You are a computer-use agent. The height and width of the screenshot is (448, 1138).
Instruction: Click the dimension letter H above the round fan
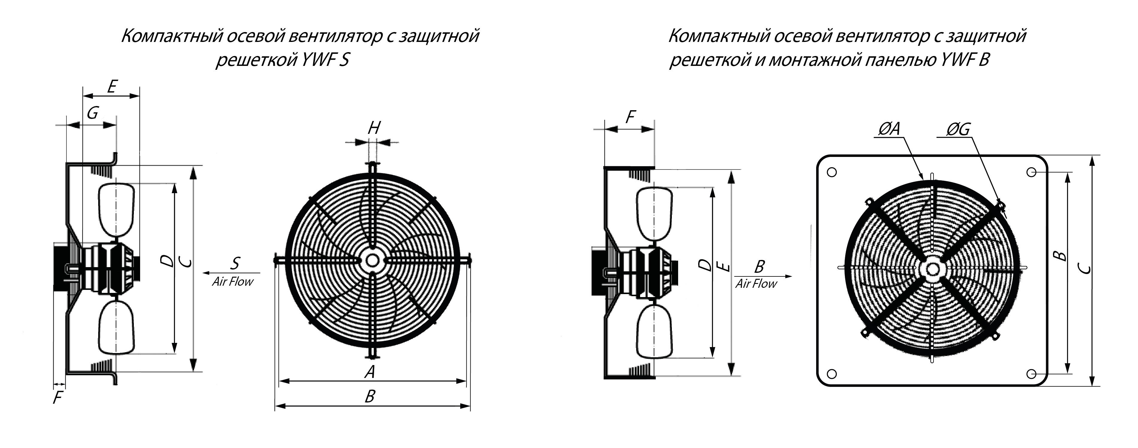374,128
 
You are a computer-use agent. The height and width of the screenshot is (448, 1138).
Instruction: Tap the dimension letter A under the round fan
370,372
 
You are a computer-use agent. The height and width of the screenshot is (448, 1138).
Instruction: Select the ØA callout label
888,129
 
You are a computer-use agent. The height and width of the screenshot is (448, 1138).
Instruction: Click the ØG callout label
958,129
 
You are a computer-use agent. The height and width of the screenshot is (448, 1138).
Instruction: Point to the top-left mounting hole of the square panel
832,172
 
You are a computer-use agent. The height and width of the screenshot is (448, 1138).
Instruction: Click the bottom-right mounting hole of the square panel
1031,374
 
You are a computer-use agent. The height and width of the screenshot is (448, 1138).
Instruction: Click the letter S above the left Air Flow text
235,263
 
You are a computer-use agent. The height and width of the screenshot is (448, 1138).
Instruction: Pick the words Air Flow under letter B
756,284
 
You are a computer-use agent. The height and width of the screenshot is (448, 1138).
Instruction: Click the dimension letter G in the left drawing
92,113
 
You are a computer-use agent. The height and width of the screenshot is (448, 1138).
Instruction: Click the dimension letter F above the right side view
631,117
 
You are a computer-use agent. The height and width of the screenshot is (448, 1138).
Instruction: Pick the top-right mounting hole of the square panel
1031,172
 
